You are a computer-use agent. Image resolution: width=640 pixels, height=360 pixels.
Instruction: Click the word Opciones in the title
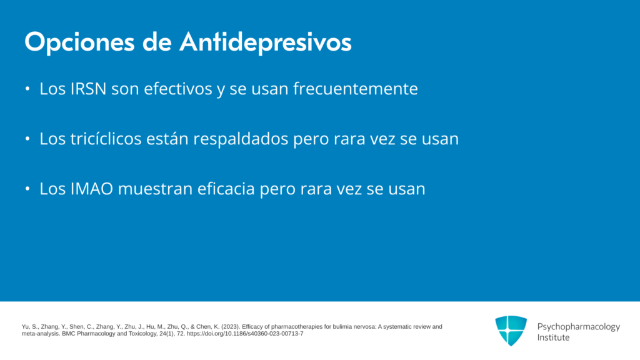coord(79,42)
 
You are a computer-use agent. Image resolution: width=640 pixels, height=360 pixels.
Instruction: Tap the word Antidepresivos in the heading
coord(266,42)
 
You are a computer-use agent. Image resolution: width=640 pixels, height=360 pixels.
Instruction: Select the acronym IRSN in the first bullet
coord(89,89)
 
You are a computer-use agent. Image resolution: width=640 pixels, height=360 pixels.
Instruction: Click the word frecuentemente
coord(356,89)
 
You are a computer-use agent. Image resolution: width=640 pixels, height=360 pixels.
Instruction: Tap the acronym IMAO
coord(92,189)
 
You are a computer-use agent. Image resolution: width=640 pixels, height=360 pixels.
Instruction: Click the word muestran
coord(156,189)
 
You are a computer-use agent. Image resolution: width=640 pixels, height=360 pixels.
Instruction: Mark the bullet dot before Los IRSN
coord(27,89)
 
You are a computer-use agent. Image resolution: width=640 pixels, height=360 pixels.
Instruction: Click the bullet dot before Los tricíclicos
coord(27,139)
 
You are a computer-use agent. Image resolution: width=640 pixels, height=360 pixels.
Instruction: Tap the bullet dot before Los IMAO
coord(27,189)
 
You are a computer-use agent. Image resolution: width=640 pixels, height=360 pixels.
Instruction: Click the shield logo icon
coord(511,331)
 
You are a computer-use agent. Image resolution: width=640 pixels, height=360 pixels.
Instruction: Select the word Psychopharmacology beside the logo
coord(578,327)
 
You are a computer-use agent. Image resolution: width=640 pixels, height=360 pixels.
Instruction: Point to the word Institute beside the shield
coord(553,337)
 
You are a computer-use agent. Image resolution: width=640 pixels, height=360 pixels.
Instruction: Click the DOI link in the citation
coord(245,334)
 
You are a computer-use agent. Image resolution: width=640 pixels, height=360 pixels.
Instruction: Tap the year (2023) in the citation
coord(230,326)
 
